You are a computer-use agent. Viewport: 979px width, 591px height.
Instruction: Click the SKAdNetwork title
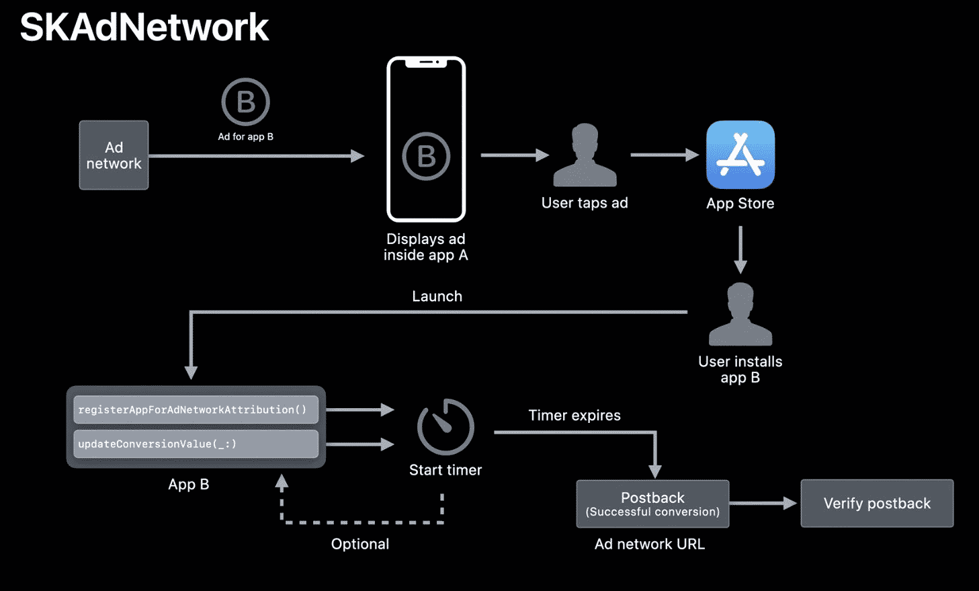tap(144, 28)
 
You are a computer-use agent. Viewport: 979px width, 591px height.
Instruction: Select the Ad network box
tap(114, 155)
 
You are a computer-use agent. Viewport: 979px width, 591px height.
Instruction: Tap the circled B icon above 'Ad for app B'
tap(245, 102)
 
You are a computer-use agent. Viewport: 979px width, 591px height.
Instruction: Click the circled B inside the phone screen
tap(426, 157)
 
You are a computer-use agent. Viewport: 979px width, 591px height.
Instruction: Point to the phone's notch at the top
tap(426, 63)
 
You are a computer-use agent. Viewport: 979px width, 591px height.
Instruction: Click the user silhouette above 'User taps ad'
tap(585, 156)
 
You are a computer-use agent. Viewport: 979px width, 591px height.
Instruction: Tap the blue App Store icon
tap(740, 155)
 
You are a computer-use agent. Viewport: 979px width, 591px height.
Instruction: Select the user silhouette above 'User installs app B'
tap(740, 315)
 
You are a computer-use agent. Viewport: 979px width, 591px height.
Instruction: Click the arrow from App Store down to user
tap(740, 249)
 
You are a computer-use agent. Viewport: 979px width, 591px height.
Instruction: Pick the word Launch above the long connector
tap(437, 297)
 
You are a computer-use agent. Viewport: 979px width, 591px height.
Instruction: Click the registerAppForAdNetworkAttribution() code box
tap(196, 409)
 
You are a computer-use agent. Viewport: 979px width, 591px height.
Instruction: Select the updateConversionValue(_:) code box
tap(196, 444)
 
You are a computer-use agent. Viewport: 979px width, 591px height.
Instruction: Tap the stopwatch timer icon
tap(445, 428)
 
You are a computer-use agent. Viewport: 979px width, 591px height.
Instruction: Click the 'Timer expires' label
tap(574, 416)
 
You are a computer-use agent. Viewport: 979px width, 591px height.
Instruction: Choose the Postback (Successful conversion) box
tap(652, 504)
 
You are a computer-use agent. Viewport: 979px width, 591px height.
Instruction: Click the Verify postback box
tap(877, 504)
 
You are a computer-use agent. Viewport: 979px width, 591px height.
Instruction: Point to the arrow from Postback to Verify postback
tap(763, 503)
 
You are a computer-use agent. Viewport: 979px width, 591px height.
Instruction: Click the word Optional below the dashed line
tap(360, 544)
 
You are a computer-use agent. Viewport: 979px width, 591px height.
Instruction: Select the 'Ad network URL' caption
tap(650, 544)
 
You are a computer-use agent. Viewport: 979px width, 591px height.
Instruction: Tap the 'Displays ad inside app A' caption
tap(426, 247)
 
